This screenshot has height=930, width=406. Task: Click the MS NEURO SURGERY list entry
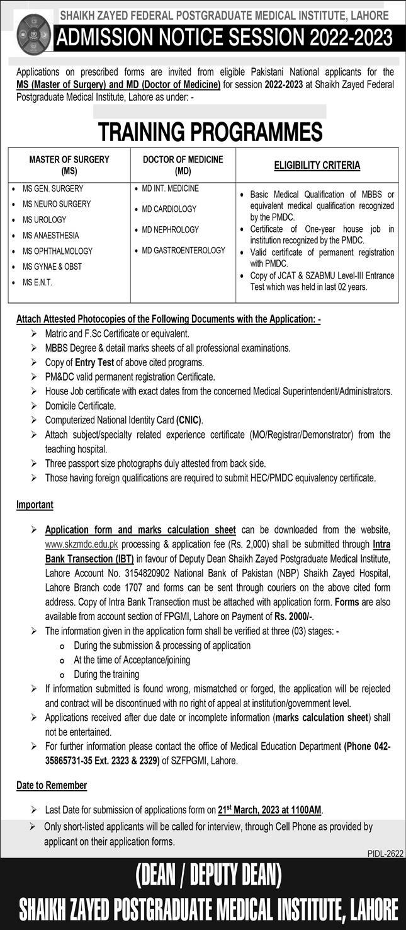pyautogui.click(x=57, y=204)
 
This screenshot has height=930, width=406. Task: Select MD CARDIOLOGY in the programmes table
pyautogui.click(x=169, y=209)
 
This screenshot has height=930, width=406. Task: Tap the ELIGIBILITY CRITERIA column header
pyautogui.click(x=317, y=165)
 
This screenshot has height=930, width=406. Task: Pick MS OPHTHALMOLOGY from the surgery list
pyautogui.click(x=57, y=251)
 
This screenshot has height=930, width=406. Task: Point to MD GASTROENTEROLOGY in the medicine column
pyautogui.click(x=183, y=250)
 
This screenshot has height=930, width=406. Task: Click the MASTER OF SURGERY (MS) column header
pyautogui.click(x=69, y=164)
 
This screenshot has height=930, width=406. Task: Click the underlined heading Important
pyautogui.click(x=35, y=505)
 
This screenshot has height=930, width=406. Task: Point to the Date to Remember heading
pyautogui.click(x=52, y=785)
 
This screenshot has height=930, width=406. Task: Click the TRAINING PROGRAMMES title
pyautogui.click(x=209, y=132)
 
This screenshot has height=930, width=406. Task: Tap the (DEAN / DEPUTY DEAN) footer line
pyautogui.click(x=208, y=876)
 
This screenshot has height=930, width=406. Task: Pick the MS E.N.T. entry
pyautogui.click(x=37, y=282)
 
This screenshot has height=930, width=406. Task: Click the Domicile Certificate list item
pyautogui.click(x=81, y=406)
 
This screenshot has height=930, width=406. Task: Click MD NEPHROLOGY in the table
pyautogui.click(x=170, y=229)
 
